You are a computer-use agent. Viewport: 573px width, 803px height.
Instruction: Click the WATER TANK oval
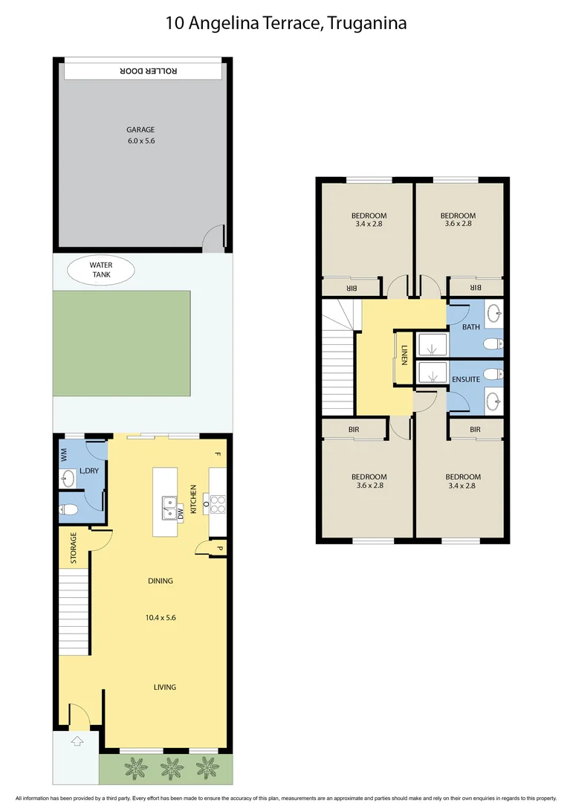pos(100,270)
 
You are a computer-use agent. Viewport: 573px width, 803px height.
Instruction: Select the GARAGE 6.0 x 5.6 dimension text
pos(140,141)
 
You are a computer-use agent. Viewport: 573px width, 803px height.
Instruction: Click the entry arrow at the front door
pos(76,741)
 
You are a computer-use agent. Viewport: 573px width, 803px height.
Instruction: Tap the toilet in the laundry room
pos(69,510)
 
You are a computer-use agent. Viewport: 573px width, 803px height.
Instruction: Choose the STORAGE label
pos(74,548)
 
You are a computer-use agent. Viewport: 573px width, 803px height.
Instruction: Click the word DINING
pos(160,581)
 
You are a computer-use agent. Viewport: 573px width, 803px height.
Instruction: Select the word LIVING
pos(165,687)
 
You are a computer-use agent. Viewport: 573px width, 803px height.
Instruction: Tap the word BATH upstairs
pos(471,327)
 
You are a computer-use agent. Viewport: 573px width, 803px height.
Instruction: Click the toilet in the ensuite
pos(491,373)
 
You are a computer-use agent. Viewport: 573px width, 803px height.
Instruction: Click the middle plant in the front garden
pos(172,765)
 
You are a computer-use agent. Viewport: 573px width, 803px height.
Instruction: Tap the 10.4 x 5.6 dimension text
pos(161,617)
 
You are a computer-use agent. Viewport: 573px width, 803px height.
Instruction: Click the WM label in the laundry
pos(64,455)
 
